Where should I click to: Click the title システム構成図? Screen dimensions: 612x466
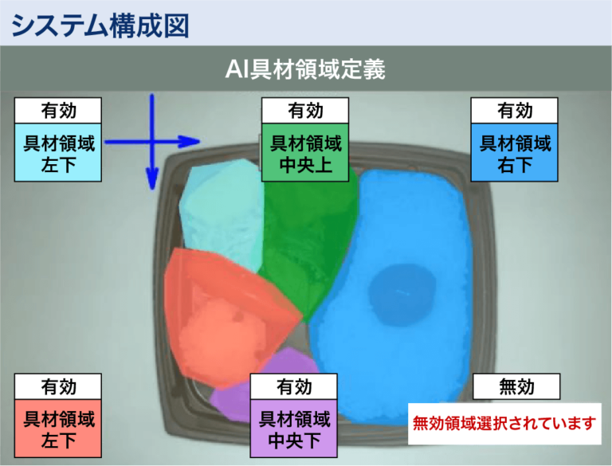[x=100, y=25]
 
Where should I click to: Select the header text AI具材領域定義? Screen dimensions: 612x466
[x=305, y=69]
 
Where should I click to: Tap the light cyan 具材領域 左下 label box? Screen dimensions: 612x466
[x=58, y=153]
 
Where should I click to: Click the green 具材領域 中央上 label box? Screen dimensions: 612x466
[x=305, y=153]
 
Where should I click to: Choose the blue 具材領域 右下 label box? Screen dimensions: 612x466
[x=515, y=153]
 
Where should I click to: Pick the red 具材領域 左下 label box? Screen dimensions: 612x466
[x=58, y=429]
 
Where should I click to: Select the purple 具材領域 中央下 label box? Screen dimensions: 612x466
[x=294, y=429]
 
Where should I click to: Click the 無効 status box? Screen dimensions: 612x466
[x=516, y=386]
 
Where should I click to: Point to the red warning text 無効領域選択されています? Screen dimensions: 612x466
[x=504, y=424]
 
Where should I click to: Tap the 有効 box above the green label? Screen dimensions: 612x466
[x=305, y=111]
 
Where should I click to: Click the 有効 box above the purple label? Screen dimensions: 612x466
[x=294, y=387]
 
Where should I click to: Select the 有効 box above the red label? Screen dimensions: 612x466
[x=58, y=387]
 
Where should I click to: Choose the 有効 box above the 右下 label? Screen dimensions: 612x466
[x=515, y=111]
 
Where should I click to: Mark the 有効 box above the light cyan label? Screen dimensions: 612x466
[x=58, y=111]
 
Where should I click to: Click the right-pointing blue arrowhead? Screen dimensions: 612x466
[x=190, y=142]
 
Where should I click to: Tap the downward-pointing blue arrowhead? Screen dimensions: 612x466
[x=152, y=179]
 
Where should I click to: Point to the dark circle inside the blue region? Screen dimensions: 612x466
[x=402, y=295]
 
